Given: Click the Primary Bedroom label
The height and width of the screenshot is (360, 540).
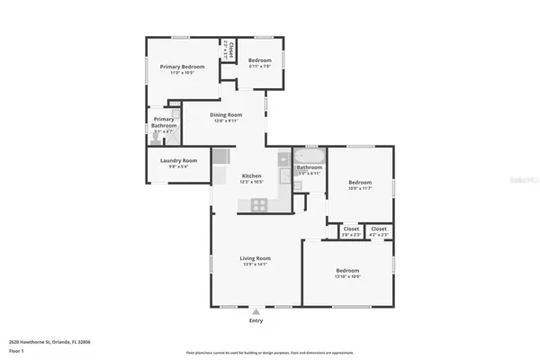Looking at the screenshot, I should click(183, 67).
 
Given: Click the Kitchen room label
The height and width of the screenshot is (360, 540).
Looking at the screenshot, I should click(251, 177).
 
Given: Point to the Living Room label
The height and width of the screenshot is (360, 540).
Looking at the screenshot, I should click(256, 259).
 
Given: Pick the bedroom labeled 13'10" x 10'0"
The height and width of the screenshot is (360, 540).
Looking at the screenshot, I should click(348, 272).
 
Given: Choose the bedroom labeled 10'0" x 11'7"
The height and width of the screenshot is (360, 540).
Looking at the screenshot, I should click(361, 184).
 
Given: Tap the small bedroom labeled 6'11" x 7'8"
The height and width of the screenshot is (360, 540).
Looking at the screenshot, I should click(260, 61).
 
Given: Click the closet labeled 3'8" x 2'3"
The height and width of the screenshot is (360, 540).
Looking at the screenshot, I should click(351, 229).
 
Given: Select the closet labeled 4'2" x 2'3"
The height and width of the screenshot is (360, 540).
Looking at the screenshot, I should click(379, 229).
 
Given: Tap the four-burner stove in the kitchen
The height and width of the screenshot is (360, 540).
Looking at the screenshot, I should click(258, 203).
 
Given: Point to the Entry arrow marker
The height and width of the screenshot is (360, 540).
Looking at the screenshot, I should click(256, 312).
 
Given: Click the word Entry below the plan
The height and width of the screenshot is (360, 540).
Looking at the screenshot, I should click(256, 320).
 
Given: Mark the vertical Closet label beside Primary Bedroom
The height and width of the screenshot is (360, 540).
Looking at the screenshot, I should click(230, 49).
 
